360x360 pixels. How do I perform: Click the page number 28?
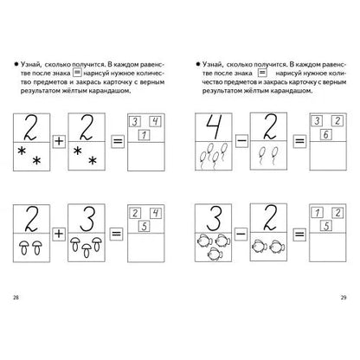(x=16, y=298)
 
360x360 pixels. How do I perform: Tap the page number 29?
(x=344, y=298)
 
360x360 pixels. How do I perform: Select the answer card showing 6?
(x=326, y=134)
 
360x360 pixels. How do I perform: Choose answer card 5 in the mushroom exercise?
(x=145, y=226)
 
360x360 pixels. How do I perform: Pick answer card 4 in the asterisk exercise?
(x=155, y=121)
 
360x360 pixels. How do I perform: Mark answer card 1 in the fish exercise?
(x=317, y=213)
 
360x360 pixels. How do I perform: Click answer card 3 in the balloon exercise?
(x=317, y=121)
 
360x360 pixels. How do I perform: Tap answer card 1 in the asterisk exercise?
(x=145, y=135)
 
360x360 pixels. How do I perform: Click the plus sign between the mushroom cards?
(x=59, y=234)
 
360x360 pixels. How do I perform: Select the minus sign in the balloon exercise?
(x=241, y=141)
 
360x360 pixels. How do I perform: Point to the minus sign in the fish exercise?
(x=241, y=234)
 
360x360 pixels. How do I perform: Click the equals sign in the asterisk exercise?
(x=118, y=141)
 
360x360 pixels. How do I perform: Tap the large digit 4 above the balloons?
(x=214, y=126)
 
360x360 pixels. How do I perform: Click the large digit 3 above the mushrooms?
(x=87, y=218)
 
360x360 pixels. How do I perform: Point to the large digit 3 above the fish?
(x=214, y=218)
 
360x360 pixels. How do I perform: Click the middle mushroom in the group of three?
(x=87, y=250)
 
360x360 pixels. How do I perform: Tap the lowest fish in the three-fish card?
(x=215, y=254)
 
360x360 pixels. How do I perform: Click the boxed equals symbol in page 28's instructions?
(x=77, y=72)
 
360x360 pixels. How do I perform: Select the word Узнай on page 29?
(x=212, y=64)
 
